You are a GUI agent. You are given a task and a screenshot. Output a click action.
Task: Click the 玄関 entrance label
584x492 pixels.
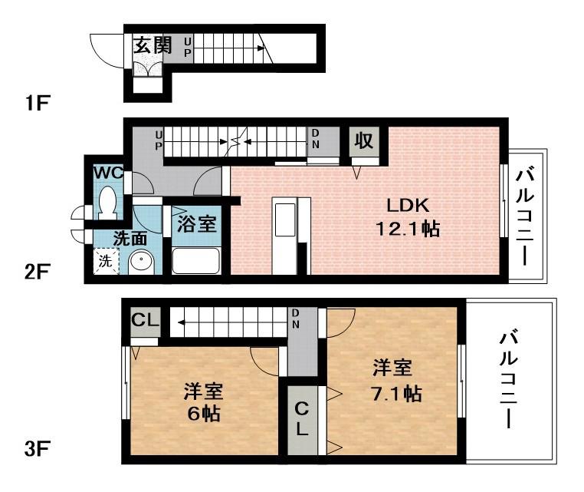click(152, 45)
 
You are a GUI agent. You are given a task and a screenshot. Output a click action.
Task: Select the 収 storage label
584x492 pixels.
click(363, 141)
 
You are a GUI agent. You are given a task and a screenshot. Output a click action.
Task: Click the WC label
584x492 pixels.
click(108, 172)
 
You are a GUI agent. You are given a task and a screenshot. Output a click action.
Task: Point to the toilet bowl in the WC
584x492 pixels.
click(108, 203)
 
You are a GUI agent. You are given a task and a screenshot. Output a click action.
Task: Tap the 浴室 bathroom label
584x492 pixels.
click(196, 224)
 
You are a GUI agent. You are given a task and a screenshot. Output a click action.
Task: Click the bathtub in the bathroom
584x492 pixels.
click(196, 260)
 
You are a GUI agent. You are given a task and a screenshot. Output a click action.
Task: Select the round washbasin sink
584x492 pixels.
click(140, 262)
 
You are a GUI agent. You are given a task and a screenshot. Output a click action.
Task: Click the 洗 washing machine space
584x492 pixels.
click(105, 261)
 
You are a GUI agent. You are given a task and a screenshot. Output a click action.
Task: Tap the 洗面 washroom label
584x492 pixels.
click(130, 237)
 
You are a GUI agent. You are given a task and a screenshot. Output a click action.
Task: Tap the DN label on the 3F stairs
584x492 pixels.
click(295, 317)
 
